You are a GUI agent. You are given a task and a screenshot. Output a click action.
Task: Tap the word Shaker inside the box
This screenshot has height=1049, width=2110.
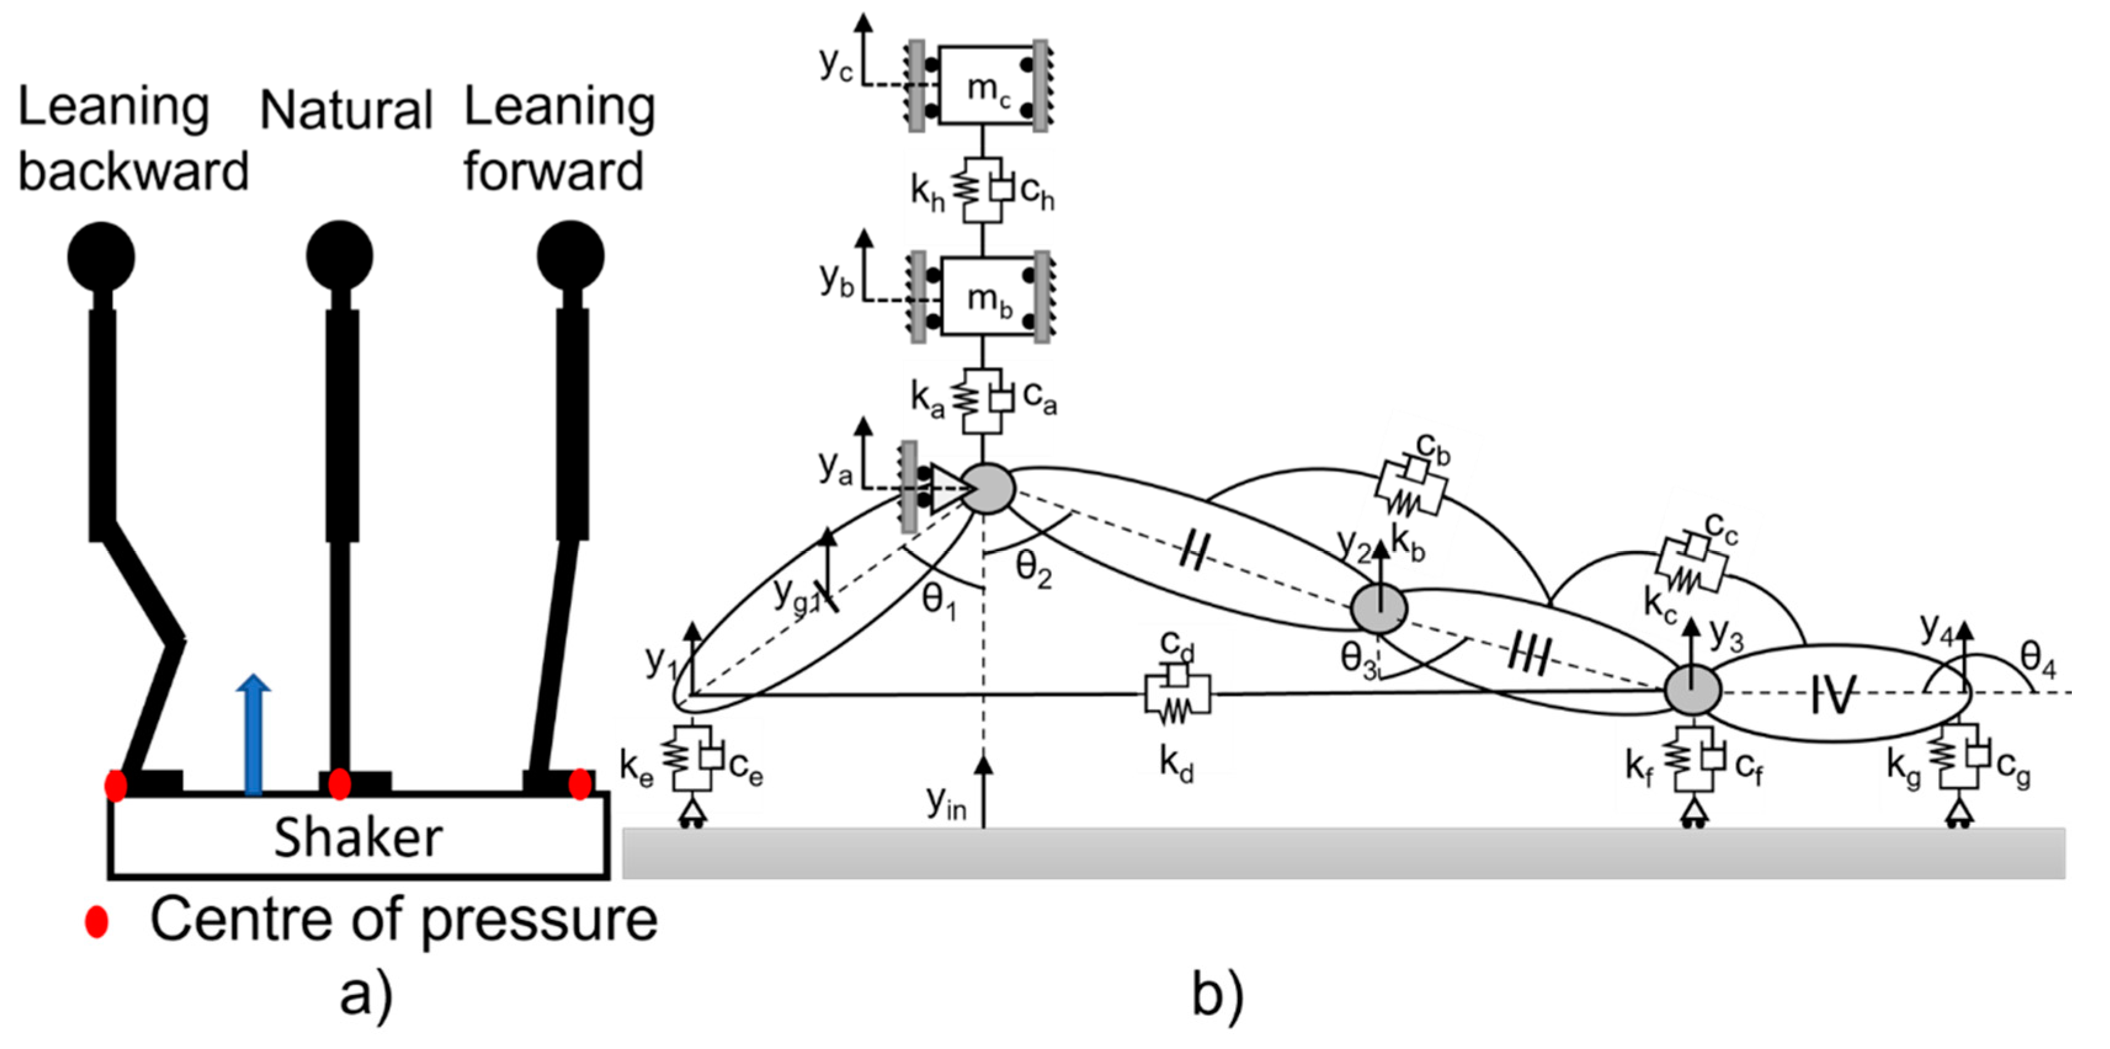(x=358, y=838)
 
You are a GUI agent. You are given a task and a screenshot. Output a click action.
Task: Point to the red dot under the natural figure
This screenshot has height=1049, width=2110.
(x=339, y=784)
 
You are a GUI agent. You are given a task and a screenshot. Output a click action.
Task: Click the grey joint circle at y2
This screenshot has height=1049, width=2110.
(x=1379, y=608)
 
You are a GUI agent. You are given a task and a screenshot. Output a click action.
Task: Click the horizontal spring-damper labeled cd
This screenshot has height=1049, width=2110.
(x=1177, y=696)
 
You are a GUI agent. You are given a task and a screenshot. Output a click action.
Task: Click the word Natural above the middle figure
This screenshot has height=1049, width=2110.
(x=346, y=111)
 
